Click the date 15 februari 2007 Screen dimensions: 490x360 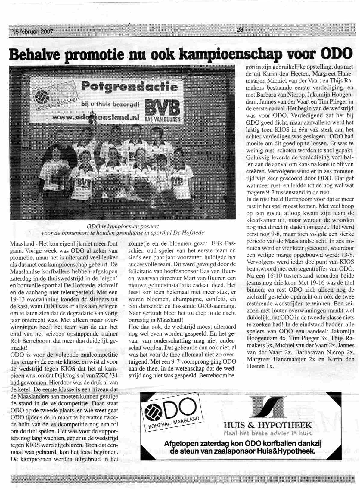31,31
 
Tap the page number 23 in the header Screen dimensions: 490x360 240,30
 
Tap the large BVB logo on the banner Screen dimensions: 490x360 163,108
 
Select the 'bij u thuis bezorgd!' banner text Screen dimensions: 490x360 110,104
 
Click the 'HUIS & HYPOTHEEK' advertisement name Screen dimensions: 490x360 268,426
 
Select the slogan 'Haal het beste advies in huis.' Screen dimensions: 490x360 268,434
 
